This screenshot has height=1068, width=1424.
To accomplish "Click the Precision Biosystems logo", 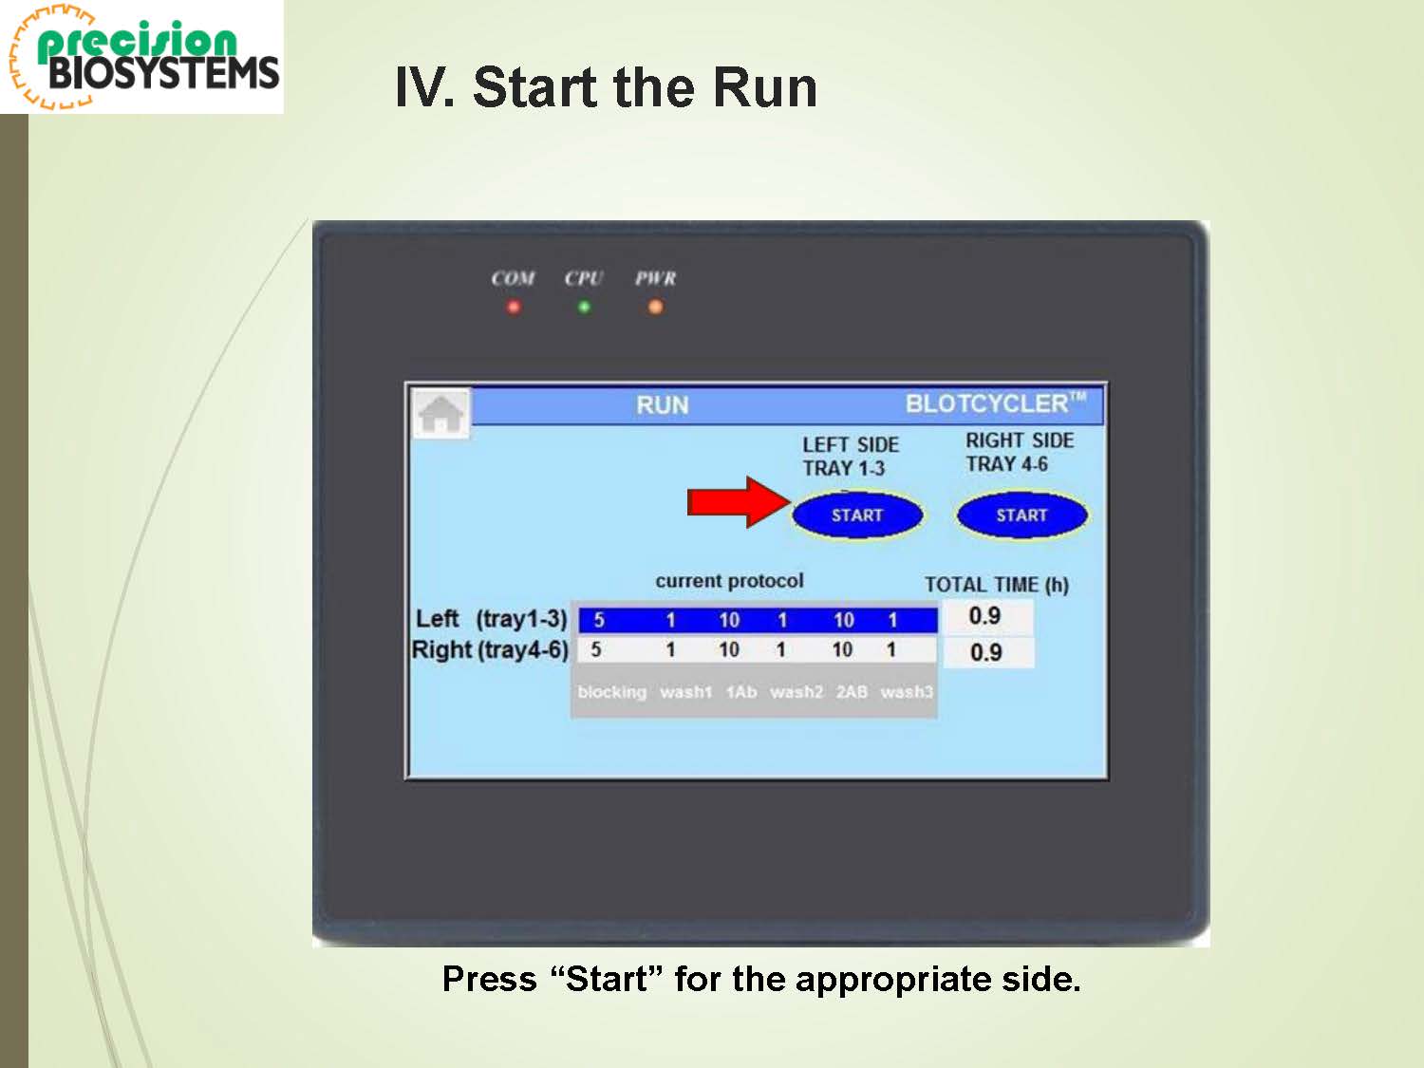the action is (142, 58).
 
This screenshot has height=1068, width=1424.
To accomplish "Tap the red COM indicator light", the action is (514, 307).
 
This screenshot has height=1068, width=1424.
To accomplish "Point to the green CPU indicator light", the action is (584, 307).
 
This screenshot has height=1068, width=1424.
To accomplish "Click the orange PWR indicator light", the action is (655, 307).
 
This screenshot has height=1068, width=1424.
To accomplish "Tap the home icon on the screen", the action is (441, 413).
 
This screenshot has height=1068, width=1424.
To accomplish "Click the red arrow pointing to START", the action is (739, 502).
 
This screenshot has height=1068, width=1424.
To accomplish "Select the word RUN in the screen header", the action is (663, 405).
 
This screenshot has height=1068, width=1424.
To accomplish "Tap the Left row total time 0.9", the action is (984, 616).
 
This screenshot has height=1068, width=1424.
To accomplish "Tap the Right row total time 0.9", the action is (986, 652).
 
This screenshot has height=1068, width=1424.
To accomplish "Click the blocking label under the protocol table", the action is (611, 693).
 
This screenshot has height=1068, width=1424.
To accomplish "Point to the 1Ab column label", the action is (740, 693).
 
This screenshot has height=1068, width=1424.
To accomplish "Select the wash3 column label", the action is (907, 693).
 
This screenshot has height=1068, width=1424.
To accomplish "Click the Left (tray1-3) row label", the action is (491, 619).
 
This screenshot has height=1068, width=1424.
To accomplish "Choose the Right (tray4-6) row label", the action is (490, 649).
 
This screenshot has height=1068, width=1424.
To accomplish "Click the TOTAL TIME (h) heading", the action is (997, 585).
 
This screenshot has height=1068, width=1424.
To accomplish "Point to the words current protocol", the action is (729, 581).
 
